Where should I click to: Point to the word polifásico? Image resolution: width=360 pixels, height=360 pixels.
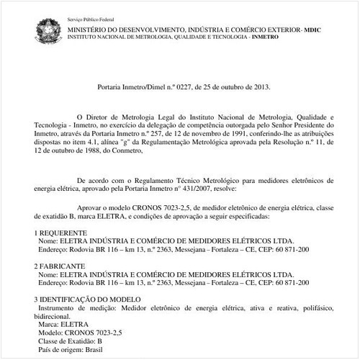(x=315, y=307)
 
